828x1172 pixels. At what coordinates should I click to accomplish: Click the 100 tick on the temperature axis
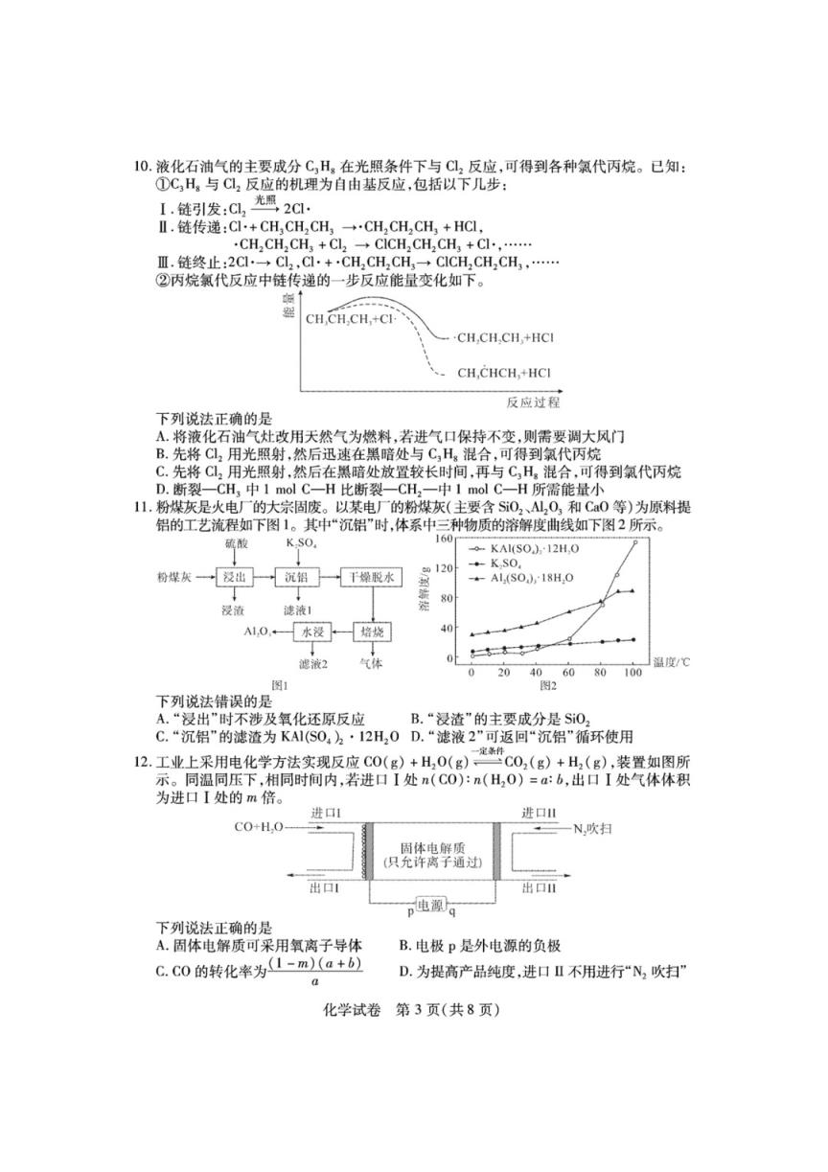[x=632, y=675]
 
